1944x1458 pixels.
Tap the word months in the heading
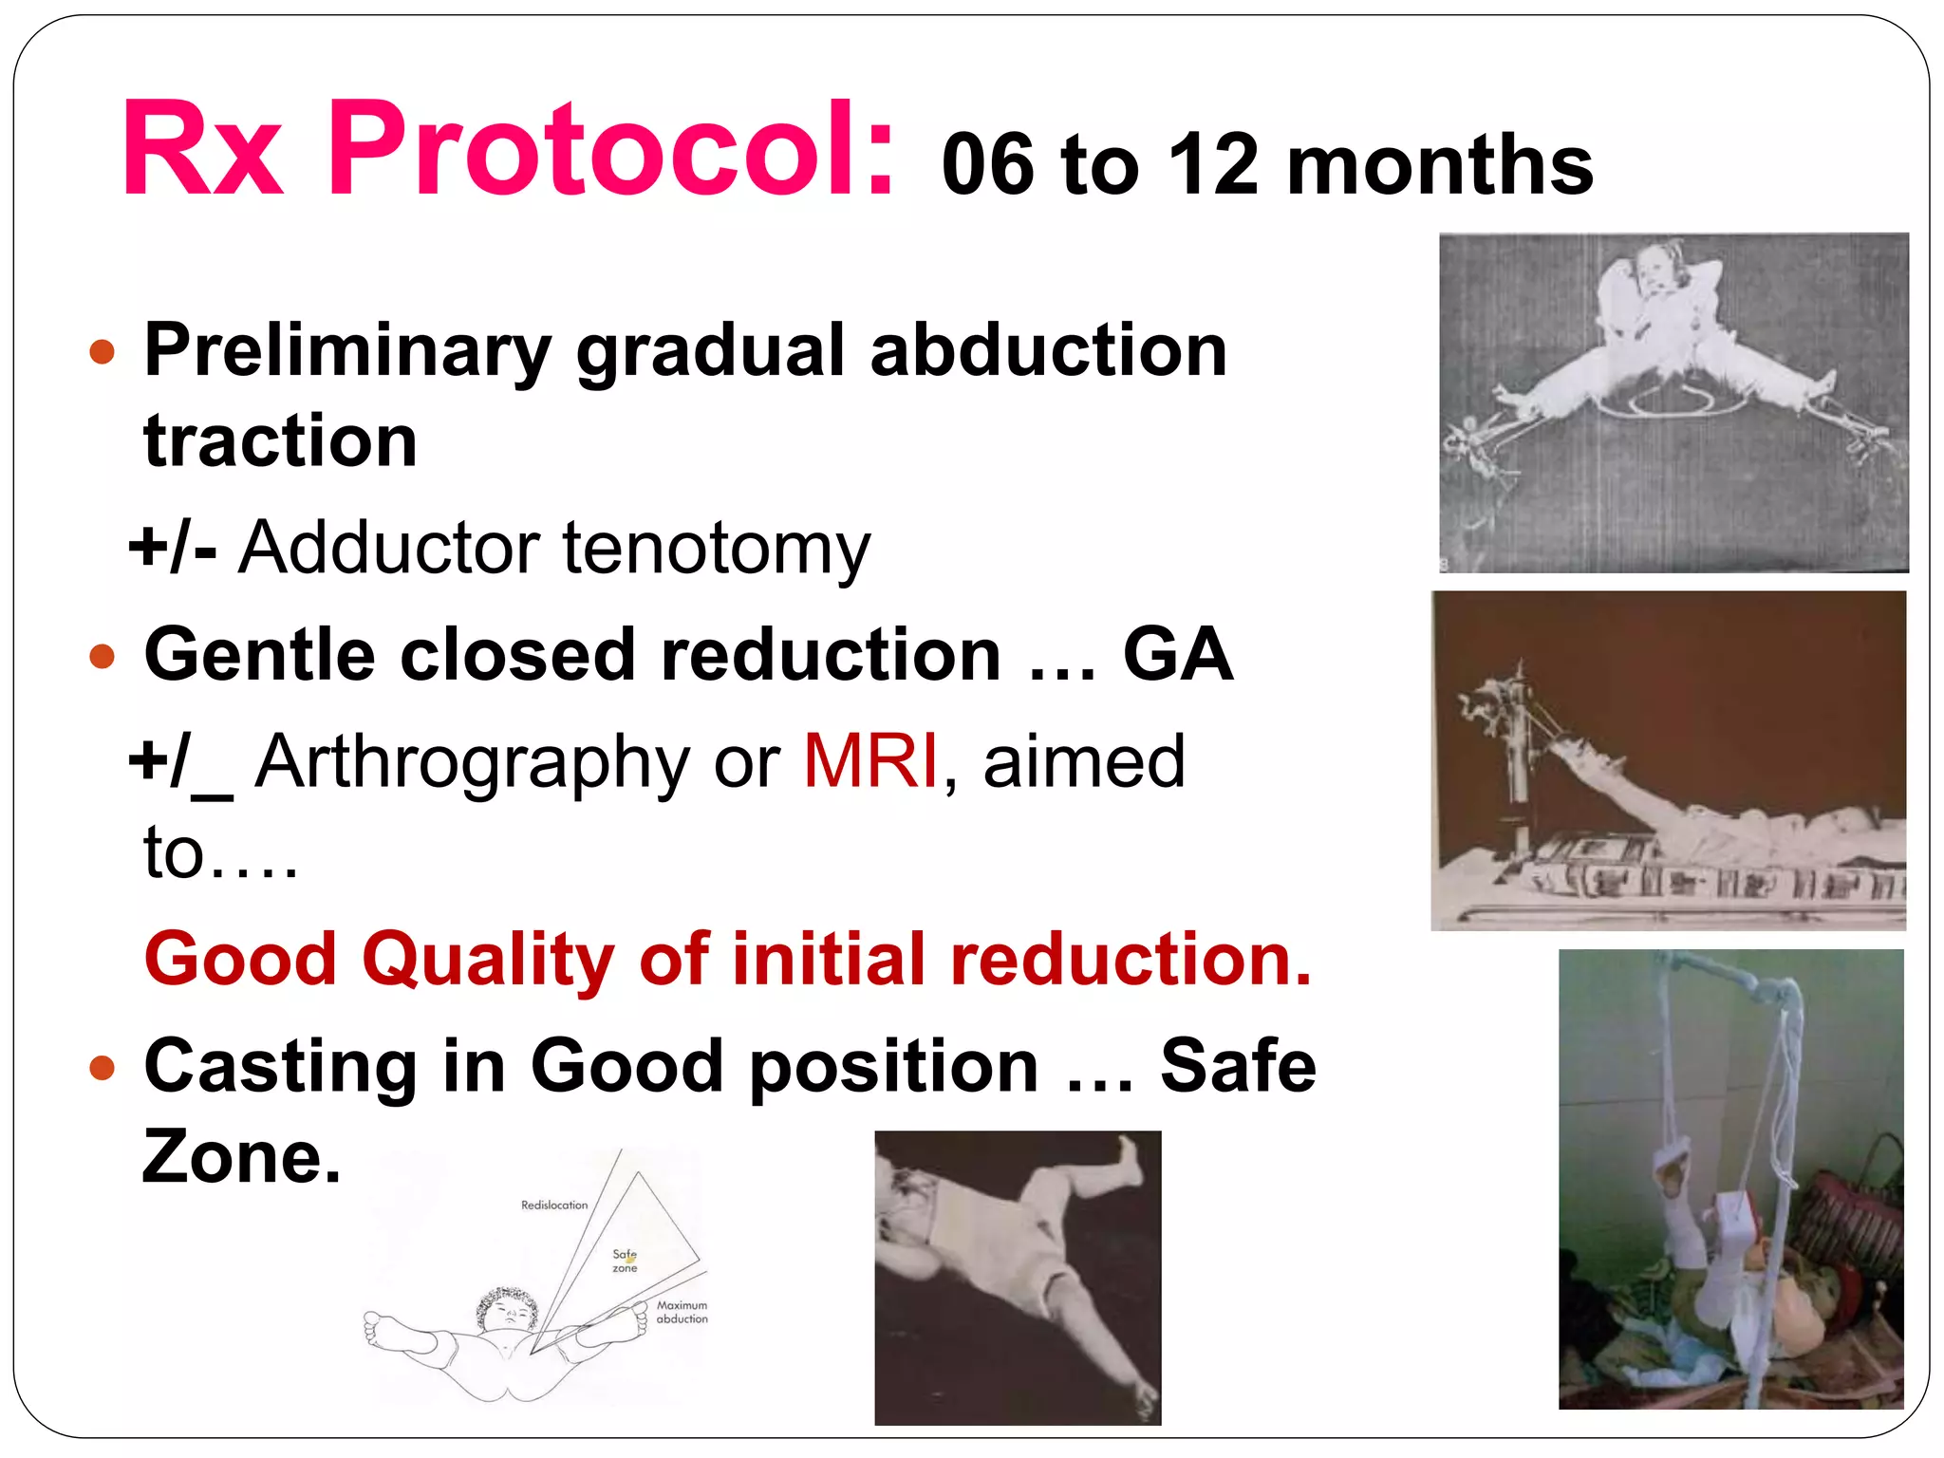[x=1439, y=165]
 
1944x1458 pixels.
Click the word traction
[x=280, y=442]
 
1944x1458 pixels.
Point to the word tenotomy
[x=716, y=550]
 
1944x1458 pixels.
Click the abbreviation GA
[x=1177, y=655]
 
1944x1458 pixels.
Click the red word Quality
[x=488, y=960]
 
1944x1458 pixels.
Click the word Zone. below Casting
[x=241, y=1158]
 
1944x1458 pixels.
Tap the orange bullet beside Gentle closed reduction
[x=102, y=656]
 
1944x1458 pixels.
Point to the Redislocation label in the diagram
[x=554, y=1206]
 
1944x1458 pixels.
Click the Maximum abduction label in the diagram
[x=682, y=1312]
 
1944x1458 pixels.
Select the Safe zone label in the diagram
[x=625, y=1261]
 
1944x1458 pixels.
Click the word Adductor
[x=388, y=548]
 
